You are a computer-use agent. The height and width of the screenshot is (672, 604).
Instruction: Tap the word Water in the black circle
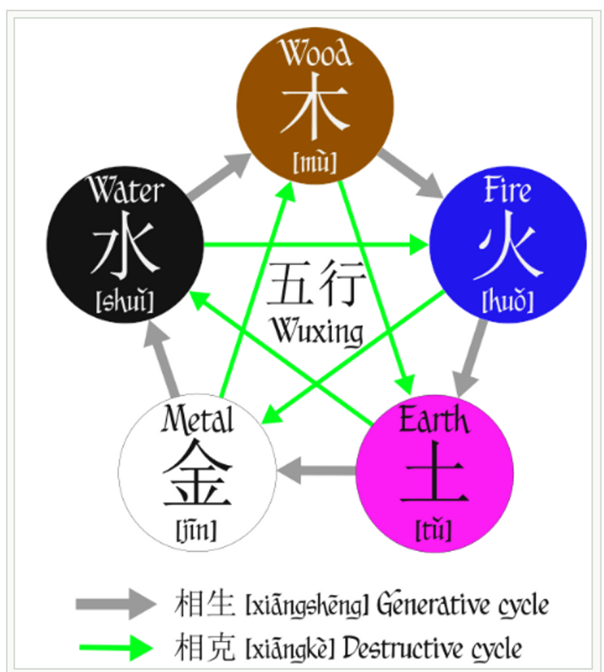[126, 191]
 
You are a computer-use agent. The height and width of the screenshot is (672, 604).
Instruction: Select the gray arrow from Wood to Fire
[410, 173]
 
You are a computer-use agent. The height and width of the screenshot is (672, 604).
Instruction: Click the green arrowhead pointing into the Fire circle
[419, 246]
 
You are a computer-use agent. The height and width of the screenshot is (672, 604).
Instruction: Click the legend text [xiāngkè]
[289, 650]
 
